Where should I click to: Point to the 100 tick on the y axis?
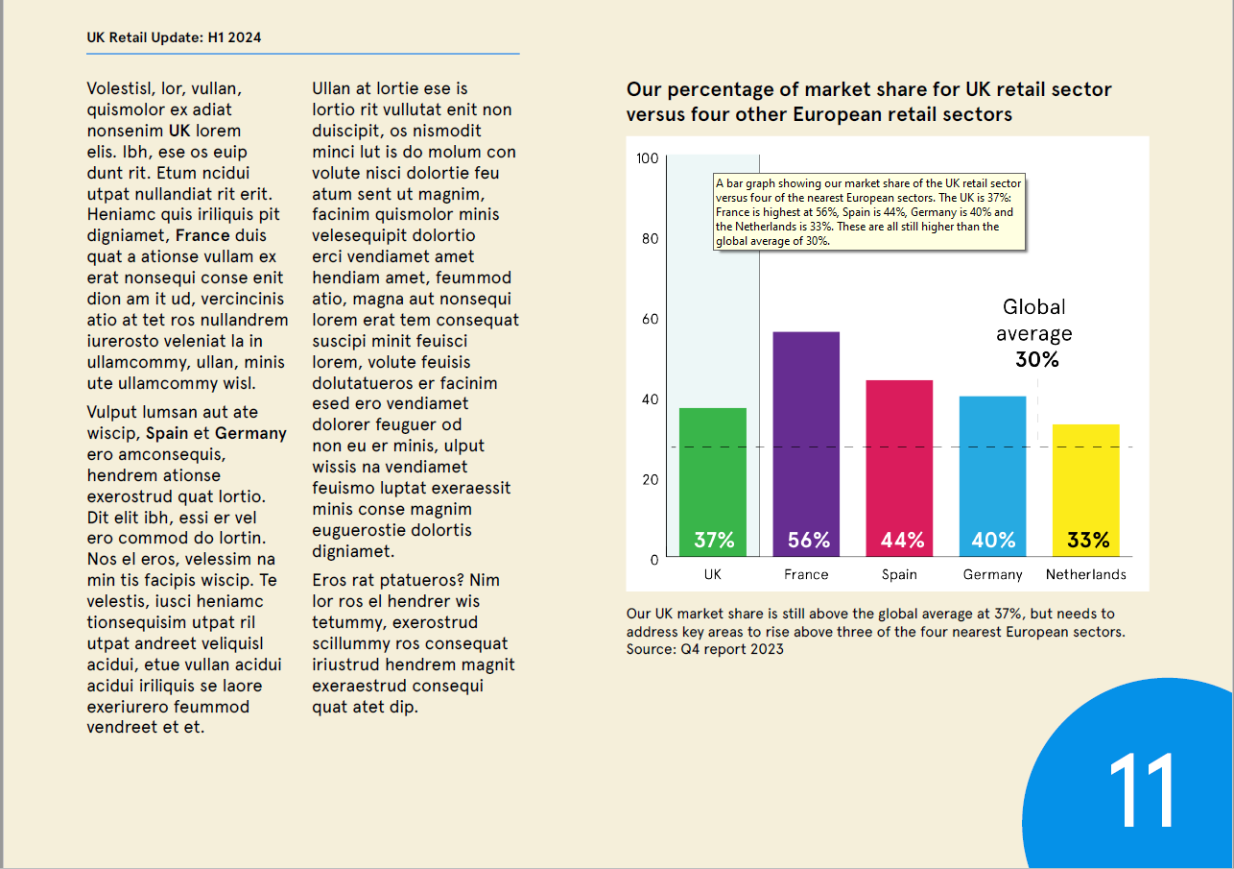pos(648,158)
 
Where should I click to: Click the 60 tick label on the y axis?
pos(650,319)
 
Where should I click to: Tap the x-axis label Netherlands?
pos(1085,574)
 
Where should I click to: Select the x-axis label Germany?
pos(992,574)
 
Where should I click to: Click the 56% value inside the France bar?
pos(808,541)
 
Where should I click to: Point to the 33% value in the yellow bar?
pos(1087,541)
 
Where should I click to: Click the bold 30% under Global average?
pos(1036,360)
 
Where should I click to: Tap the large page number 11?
pos(1141,789)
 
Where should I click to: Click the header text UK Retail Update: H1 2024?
pos(174,37)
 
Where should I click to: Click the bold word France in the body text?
pos(202,235)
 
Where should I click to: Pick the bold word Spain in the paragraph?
pos(166,433)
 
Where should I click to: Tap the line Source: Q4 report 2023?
pos(704,649)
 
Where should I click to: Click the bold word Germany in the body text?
pos(250,433)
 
